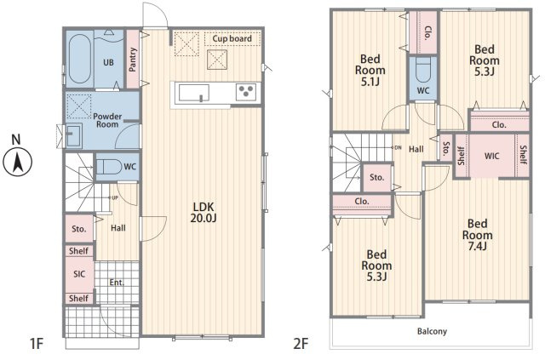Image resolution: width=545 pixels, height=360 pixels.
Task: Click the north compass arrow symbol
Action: click(17, 163)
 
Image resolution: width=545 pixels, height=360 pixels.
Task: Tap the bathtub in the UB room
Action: click(79, 59)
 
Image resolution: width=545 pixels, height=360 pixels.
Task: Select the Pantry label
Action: click(133, 60)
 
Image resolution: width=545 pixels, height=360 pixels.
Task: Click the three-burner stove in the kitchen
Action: click(246, 92)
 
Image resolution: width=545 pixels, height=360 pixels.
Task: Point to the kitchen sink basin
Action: click(193, 93)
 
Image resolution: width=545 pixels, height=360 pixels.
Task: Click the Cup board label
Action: click(232, 38)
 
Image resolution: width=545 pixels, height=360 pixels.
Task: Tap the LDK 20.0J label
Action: click(204, 212)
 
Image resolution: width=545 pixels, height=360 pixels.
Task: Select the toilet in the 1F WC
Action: click(108, 167)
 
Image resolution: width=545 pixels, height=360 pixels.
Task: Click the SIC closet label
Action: click(79, 274)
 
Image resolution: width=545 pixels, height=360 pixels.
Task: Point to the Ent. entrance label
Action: click(117, 283)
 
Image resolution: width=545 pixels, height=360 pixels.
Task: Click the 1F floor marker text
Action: click(36, 344)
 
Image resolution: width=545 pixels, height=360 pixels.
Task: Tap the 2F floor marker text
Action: click(301, 344)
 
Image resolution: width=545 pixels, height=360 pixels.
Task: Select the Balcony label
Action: click(432, 331)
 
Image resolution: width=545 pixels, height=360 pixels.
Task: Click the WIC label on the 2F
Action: click(491, 156)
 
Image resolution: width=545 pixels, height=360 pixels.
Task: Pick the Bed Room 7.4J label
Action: click(477, 235)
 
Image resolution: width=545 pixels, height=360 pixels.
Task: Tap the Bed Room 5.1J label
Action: click(370, 70)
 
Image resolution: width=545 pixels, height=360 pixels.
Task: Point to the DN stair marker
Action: click(398, 148)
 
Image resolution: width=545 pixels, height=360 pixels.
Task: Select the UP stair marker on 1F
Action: click(115, 198)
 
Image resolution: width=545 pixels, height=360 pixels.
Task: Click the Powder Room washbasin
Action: click(73, 135)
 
